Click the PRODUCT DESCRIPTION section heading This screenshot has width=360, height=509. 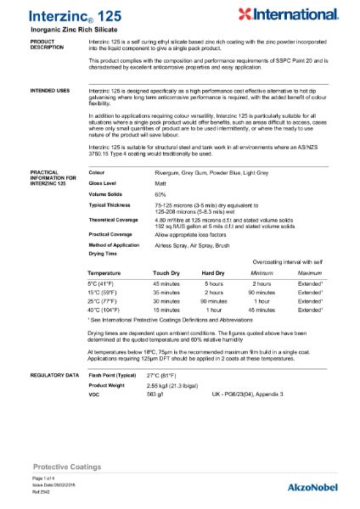tap(47, 45)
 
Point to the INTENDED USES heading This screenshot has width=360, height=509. tap(50, 89)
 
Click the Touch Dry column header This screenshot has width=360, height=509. tap(166, 273)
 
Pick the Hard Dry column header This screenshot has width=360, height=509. tap(213, 273)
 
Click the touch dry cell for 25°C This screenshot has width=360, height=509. tap(166, 301)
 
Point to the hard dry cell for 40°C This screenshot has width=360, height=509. tap(213, 310)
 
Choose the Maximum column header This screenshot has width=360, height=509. tap(310, 273)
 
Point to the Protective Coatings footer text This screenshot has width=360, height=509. tap(67, 467)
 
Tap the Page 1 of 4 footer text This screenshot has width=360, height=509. tap(42, 479)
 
